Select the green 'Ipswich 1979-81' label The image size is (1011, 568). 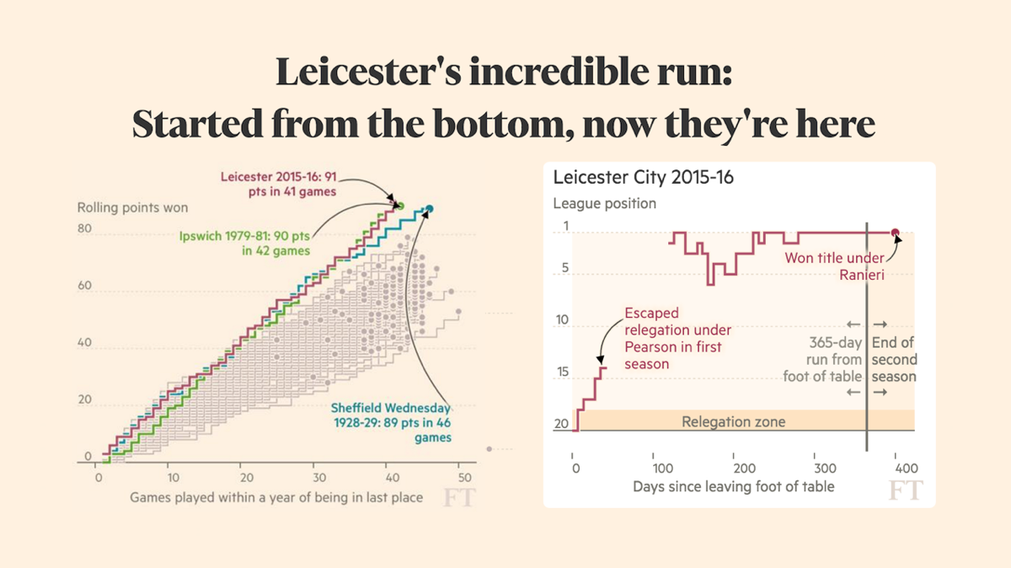point(243,243)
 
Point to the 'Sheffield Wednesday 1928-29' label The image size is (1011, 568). point(391,422)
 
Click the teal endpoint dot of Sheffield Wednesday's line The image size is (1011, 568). point(430,209)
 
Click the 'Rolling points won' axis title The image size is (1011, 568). point(132,207)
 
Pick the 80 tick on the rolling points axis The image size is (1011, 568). point(84,228)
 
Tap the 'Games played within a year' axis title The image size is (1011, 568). point(276,497)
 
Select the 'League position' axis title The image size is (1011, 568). point(604,203)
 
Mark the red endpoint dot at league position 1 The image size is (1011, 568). point(896,233)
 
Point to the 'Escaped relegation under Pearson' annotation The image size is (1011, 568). point(677,338)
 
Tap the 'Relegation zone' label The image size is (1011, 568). point(733,421)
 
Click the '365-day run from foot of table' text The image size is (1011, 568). point(823,360)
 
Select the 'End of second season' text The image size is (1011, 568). point(893,360)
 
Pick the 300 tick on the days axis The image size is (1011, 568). point(826,468)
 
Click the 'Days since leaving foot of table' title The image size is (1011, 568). point(733,486)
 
